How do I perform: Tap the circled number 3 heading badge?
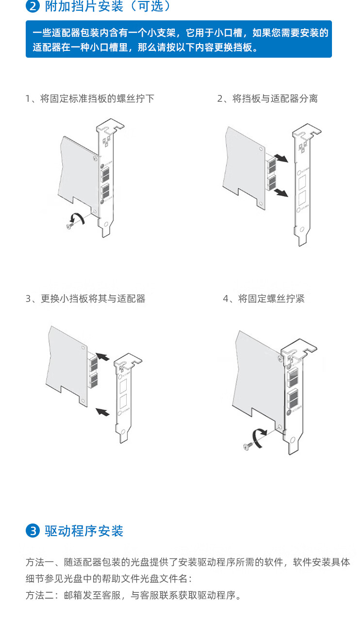[32, 531]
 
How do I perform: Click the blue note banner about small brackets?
[179, 39]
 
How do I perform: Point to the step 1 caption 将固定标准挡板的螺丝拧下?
[90, 98]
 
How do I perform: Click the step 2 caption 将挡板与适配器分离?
[267, 98]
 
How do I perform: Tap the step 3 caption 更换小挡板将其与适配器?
[85, 299]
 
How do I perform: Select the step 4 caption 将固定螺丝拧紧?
[264, 299]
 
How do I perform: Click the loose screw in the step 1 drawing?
[71, 223]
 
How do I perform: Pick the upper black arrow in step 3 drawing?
[102, 357]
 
